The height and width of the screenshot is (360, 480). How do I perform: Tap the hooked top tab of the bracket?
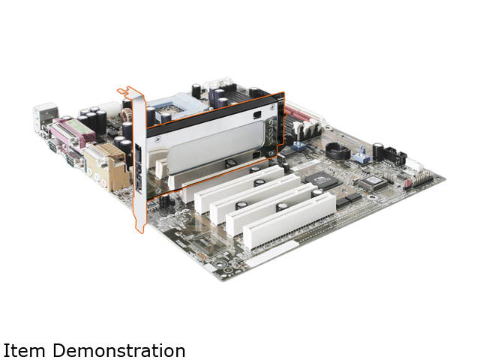coord(125,91)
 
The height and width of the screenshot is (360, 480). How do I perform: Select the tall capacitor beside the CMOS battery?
coord(379,150)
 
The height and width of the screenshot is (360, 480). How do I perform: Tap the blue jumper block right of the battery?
coord(361,158)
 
